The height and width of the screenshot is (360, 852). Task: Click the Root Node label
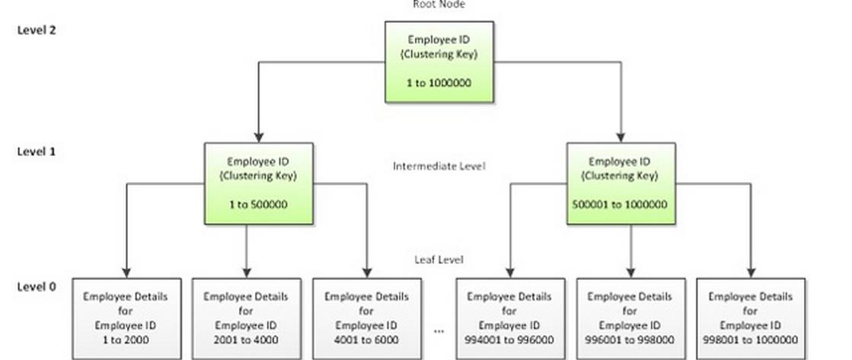point(439,5)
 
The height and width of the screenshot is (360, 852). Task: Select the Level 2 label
point(37,30)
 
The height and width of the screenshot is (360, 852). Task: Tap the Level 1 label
point(37,151)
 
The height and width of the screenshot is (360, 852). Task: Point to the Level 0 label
point(37,287)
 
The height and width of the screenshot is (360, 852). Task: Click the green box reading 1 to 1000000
point(439,62)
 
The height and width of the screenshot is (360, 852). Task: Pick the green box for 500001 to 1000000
point(621,183)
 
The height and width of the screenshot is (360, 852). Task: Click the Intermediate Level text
point(439,165)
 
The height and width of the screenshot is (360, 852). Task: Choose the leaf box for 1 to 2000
point(126,319)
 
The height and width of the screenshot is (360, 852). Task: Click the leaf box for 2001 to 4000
point(247,319)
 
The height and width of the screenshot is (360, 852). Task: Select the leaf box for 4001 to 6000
point(367,319)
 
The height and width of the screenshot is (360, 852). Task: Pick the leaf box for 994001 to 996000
point(510,319)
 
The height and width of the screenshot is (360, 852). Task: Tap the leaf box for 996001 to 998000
point(630,319)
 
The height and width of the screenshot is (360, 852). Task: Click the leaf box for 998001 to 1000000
point(751,319)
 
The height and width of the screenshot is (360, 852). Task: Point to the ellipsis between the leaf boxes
point(439,331)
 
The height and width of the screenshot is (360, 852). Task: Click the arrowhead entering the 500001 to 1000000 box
point(622,138)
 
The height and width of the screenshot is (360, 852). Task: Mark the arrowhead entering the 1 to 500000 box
point(259,138)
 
